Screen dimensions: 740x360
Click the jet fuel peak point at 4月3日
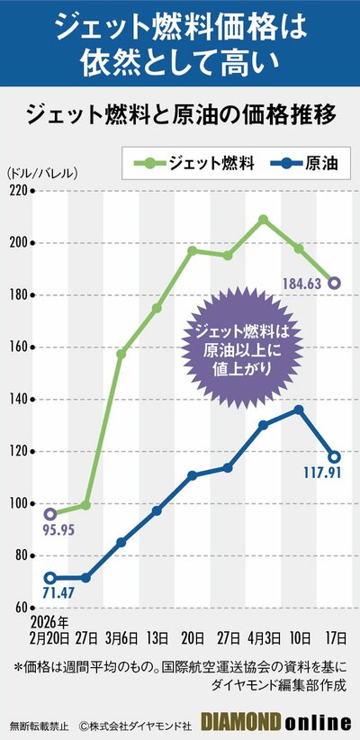coord(263,219)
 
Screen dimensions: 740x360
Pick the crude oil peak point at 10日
coord(299,410)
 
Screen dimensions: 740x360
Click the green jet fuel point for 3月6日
coord(121,354)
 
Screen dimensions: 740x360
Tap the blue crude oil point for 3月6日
coord(121,542)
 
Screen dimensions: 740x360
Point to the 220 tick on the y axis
coord(19,191)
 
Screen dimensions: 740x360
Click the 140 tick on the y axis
coord(19,399)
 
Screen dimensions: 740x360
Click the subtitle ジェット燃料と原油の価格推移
coord(180,115)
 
